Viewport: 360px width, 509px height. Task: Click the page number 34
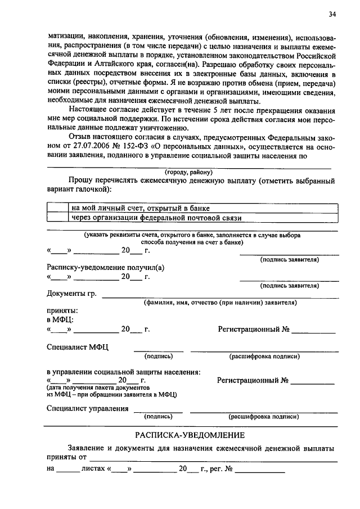coord(333,14)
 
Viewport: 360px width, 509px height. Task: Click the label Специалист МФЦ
coord(78,347)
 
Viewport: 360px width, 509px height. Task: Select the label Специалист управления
coord(88,408)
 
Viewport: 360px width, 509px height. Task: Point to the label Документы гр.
coord(71,294)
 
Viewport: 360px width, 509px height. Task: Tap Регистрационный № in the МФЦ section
coord(257,329)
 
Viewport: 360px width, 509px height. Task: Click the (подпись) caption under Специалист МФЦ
coord(159,356)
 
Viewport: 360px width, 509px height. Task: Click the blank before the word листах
coord(68,467)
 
